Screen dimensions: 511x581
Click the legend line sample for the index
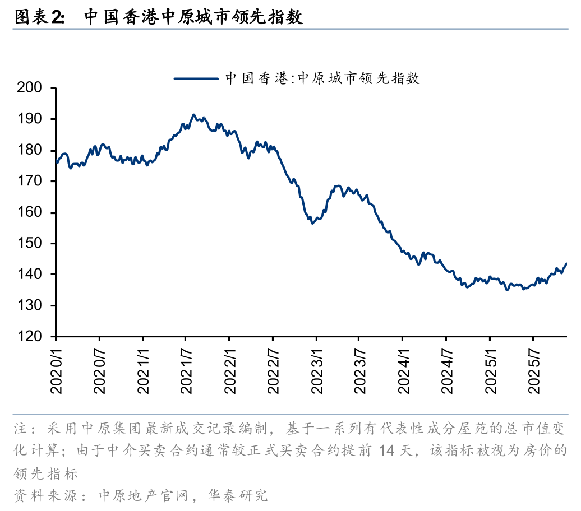pyautogui.click(x=196, y=78)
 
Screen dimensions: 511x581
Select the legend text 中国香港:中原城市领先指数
pyautogui.click(x=322, y=78)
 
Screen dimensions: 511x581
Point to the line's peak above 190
pyautogui.click(x=193, y=115)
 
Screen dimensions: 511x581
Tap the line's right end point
pyautogui.click(x=566, y=263)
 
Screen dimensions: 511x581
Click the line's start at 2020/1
pyautogui.click(x=56, y=162)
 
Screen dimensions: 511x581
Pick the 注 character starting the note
pyautogui.click(x=20, y=430)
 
